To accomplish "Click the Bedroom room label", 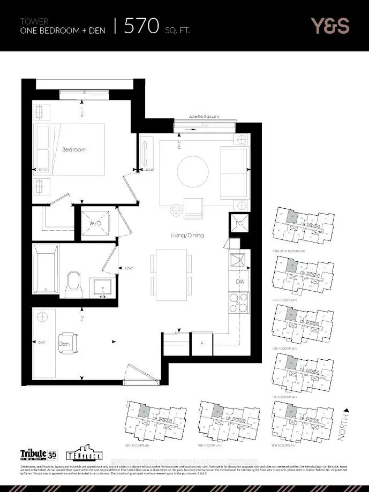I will [74, 149].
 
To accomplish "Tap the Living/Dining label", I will [186, 236].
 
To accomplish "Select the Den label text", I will [65, 344].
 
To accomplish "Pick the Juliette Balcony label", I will [202, 116].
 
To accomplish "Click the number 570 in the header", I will [143, 25].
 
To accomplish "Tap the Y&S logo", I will [329, 25].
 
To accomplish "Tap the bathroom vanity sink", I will [100, 287].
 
